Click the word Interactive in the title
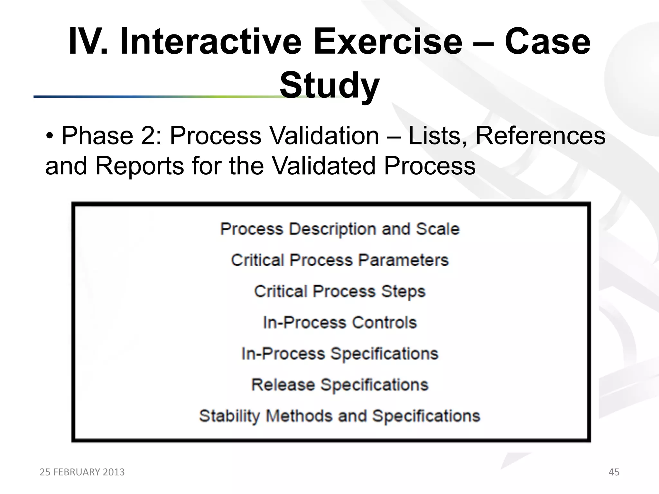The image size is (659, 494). pos(211,42)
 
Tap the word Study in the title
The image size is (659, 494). pos(329,86)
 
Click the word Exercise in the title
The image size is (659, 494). pos(388,42)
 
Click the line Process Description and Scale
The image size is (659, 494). pos(340,229)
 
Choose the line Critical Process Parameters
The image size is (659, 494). pos(340,260)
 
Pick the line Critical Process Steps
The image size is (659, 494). pos(340,291)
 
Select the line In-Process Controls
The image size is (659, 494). pos(340,323)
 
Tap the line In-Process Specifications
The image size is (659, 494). pos(340,354)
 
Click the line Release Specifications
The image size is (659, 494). pos(340,385)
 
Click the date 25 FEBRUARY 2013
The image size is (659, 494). pos(82,472)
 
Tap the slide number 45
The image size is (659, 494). pos(614,472)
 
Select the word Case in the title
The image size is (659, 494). pos(547,42)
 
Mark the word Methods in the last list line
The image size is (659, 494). pos(299,416)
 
